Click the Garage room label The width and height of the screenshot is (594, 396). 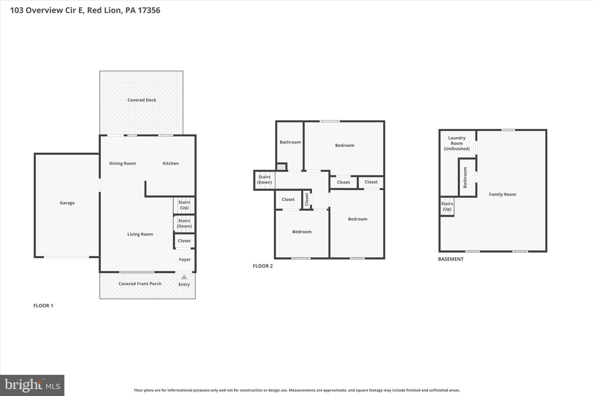click(67, 203)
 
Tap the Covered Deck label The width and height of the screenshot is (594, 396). click(142, 100)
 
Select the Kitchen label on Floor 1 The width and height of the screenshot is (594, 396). click(171, 163)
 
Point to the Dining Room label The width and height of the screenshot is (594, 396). click(122, 163)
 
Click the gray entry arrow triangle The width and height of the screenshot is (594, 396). click(184, 277)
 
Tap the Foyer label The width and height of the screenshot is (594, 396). click(185, 259)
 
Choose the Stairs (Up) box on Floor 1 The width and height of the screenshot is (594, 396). click(184, 205)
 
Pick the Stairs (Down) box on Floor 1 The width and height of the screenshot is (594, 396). click(184, 223)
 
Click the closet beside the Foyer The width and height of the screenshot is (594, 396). click(184, 241)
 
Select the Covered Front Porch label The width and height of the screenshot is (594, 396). click(140, 284)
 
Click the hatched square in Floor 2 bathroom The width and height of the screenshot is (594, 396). click(281, 167)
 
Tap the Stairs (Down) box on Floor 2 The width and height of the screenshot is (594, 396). click(264, 180)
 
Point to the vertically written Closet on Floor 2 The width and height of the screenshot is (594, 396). click(307, 199)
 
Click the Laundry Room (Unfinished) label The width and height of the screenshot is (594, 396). click(457, 143)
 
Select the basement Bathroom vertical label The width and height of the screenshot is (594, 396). click(465, 178)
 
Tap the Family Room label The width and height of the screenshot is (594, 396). click(502, 194)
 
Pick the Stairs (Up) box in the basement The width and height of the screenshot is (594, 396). click(447, 206)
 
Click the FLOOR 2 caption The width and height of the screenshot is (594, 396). click(262, 266)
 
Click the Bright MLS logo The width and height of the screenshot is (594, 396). click(32, 385)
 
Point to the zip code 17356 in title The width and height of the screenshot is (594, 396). click(149, 10)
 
